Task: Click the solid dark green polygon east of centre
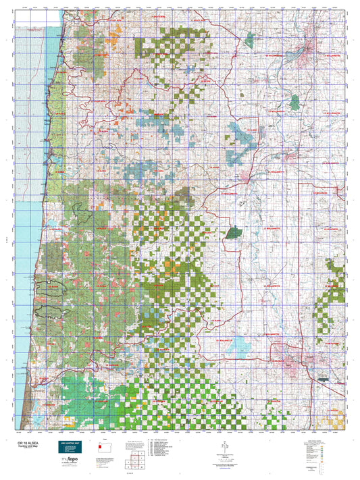(234, 232)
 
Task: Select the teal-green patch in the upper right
(294, 102)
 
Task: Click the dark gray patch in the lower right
(324, 379)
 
